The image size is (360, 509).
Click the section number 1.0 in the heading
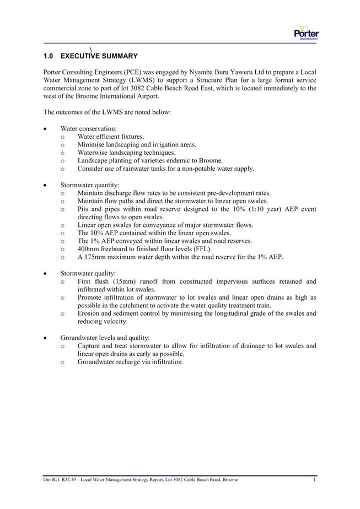point(48,56)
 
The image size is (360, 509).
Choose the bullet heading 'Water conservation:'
point(88,128)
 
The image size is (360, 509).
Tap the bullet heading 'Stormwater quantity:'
point(89,185)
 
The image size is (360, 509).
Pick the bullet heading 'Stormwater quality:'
point(88,273)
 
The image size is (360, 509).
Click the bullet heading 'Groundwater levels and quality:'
point(105,338)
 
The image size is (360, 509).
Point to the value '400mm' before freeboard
point(88,249)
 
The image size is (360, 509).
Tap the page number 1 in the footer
point(314,480)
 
